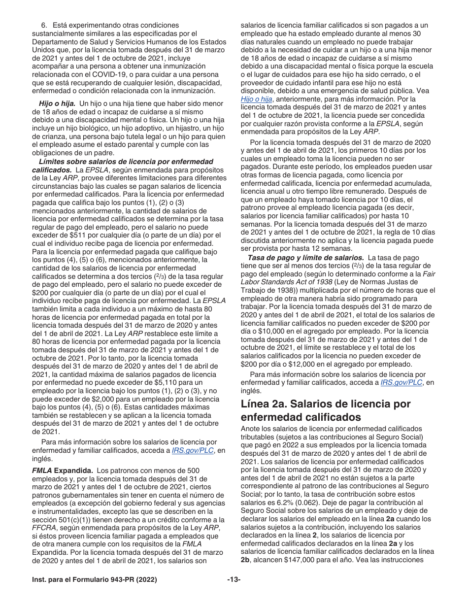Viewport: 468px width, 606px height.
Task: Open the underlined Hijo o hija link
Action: (256, 99)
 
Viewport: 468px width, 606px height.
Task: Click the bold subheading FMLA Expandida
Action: (55, 471)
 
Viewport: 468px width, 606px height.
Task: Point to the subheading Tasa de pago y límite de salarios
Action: (305, 258)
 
